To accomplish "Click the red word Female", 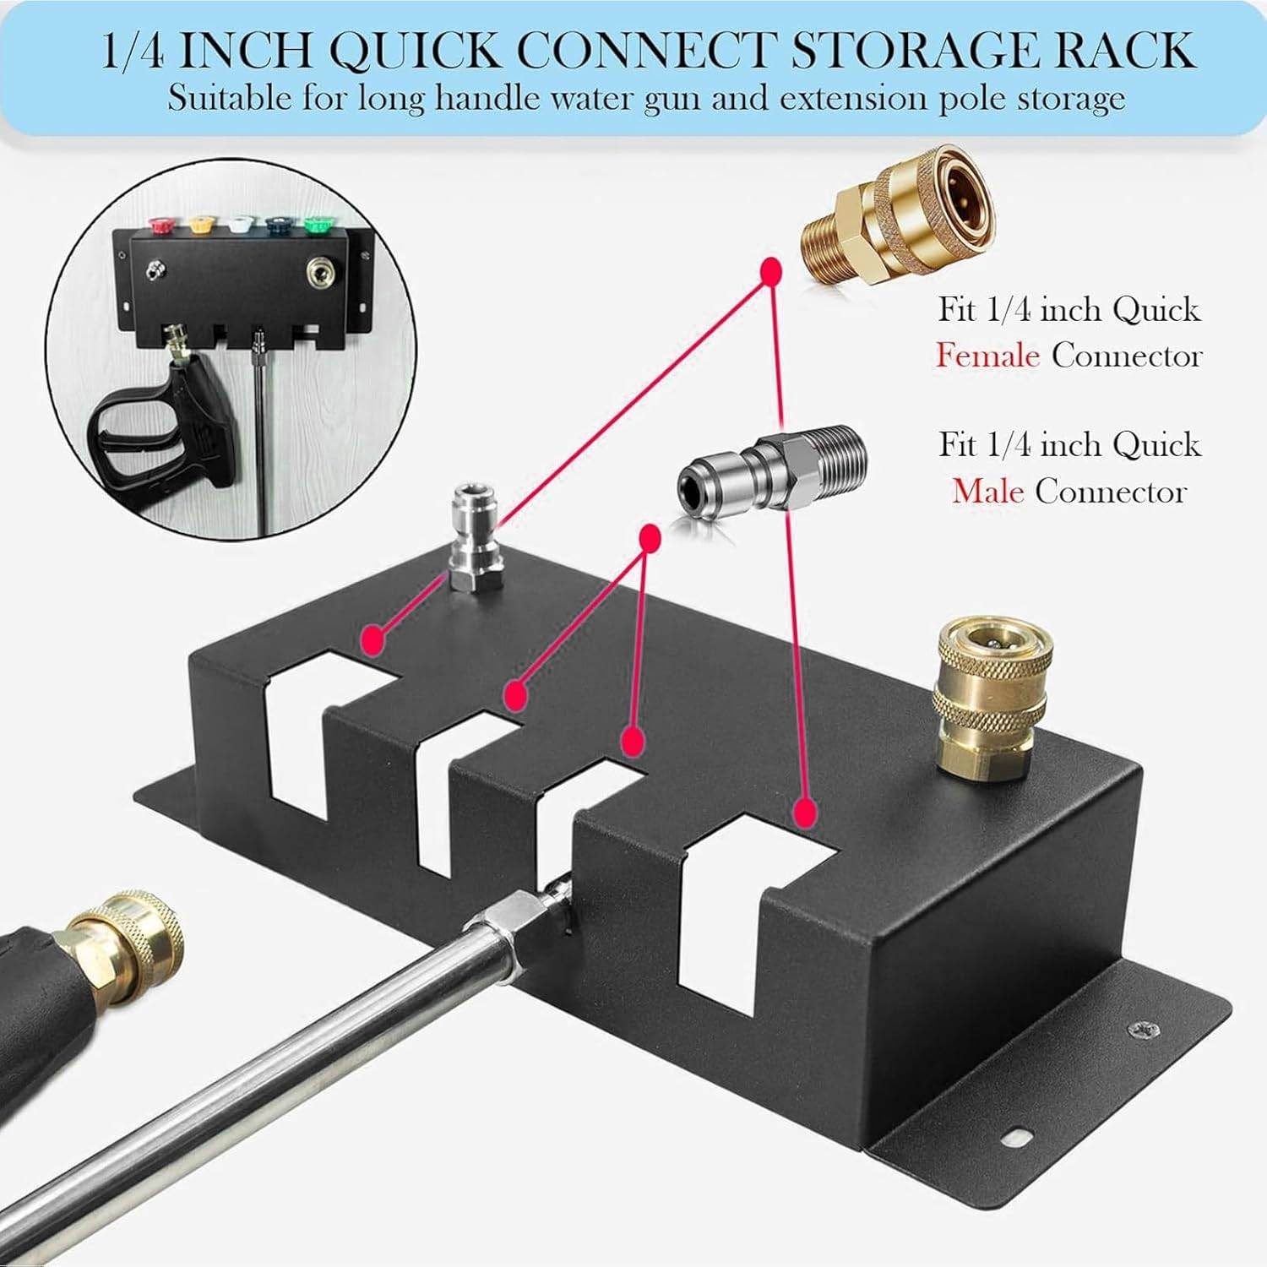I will (987, 356).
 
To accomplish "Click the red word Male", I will (987, 491).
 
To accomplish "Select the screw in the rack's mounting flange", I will (1138, 1030).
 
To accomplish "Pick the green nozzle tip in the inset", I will (316, 226).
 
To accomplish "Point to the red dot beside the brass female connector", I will (769, 271).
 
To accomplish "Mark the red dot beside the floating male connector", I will (649, 537).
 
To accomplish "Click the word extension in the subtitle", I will (856, 99).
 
